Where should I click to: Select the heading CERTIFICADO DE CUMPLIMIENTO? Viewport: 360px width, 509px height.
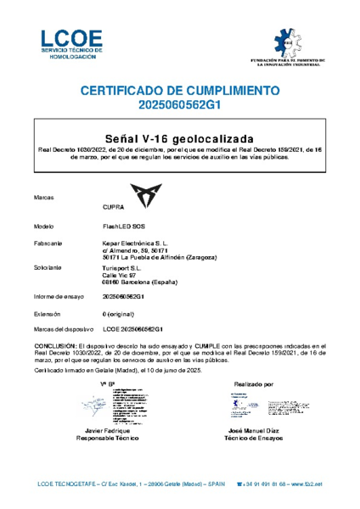179,90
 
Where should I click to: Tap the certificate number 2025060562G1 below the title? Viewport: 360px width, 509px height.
179,105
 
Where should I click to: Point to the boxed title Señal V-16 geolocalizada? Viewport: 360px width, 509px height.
179,137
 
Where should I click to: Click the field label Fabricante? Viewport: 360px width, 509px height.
47,243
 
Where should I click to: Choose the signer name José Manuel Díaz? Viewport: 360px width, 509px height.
253,433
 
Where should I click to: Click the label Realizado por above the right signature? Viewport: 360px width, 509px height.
253,384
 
